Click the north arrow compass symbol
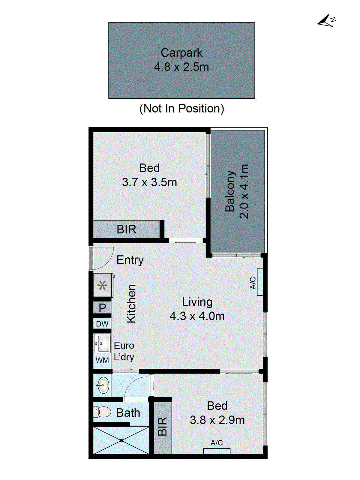point(326,21)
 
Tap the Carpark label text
point(181,53)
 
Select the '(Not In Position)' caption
point(181,108)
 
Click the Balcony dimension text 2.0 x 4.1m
point(244,191)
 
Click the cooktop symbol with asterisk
point(103,285)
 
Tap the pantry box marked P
point(102,307)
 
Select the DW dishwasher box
point(102,324)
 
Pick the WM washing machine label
point(102,360)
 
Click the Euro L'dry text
point(124,351)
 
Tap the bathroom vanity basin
point(103,385)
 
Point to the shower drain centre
point(121,440)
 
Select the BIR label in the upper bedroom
point(126,229)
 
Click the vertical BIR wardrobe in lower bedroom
point(162,426)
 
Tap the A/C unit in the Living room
point(260,282)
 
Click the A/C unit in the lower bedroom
point(217,451)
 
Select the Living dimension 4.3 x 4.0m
point(197,316)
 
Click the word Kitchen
point(131,304)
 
